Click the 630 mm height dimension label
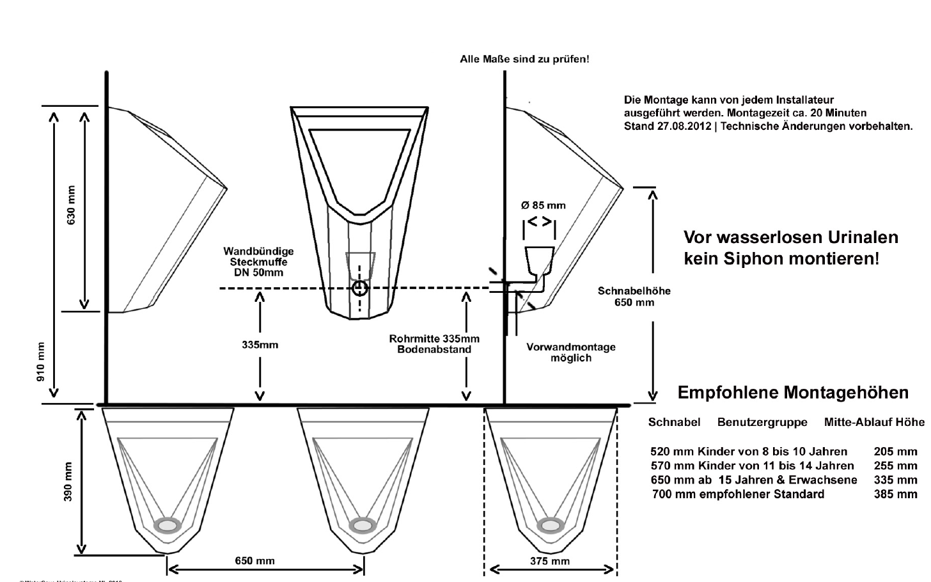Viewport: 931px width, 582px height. pyautogui.click(x=71, y=205)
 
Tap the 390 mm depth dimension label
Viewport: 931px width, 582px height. pyautogui.click(x=68, y=482)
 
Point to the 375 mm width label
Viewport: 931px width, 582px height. pyautogui.click(x=550, y=562)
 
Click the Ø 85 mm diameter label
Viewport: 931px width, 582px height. pyautogui.click(x=543, y=205)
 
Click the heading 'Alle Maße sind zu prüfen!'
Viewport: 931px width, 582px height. pyautogui.click(x=524, y=59)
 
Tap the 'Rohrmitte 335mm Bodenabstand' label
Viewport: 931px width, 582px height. pyautogui.click(x=434, y=344)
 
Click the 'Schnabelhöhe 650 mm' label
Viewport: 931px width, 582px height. pyautogui.click(x=634, y=296)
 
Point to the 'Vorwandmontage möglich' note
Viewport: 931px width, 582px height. pyautogui.click(x=571, y=352)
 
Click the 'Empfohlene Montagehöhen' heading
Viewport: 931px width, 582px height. pyautogui.click(x=793, y=392)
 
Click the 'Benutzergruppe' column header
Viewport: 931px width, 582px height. pyautogui.click(x=762, y=422)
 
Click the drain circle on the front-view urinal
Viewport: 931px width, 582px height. pyautogui.click(x=360, y=288)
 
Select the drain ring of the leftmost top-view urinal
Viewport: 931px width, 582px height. pyautogui.click(x=168, y=524)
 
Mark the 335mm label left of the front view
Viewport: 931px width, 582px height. pyautogui.click(x=260, y=345)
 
